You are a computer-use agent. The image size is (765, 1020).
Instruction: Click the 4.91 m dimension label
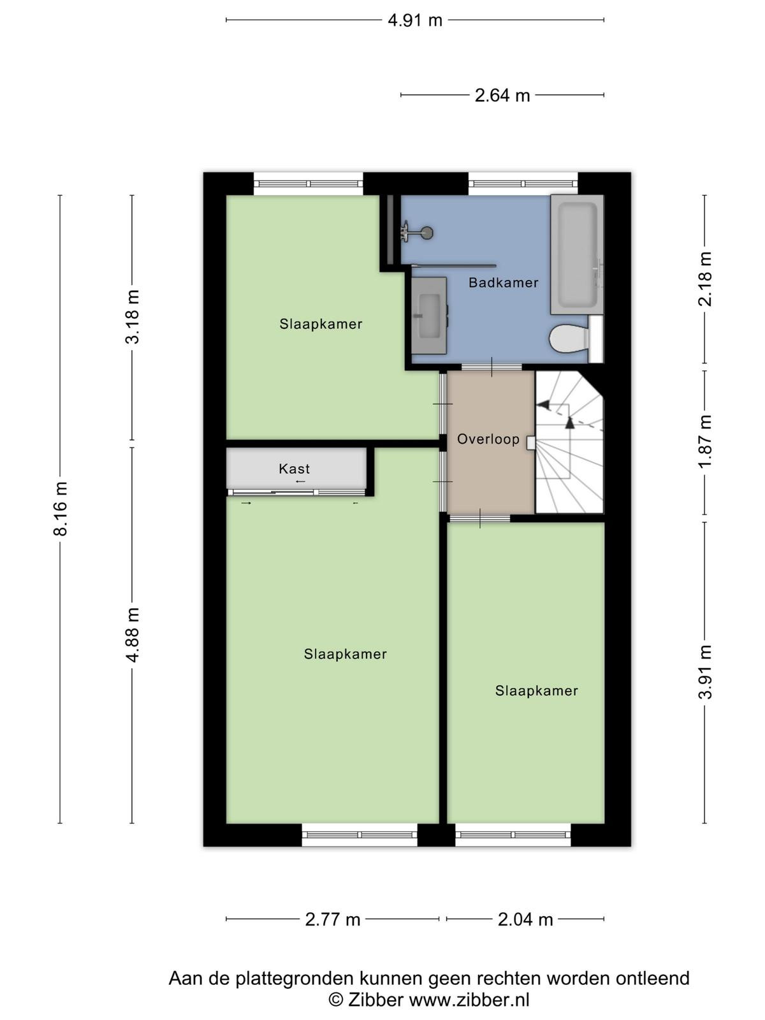point(415,20)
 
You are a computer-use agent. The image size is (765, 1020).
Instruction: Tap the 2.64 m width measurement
point(502,96)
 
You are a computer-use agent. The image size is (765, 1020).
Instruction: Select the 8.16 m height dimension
point(61,508)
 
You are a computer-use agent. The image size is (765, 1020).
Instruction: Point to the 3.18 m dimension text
point(133,316)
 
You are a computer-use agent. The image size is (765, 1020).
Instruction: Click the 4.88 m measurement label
point(133,635)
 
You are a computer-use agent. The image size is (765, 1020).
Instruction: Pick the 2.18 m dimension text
point(705,279)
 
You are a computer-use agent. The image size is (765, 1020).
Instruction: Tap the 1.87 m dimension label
point(705,441)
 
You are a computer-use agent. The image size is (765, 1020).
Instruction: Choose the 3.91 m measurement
point(705,672)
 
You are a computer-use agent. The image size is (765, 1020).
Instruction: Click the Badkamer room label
point(504,282)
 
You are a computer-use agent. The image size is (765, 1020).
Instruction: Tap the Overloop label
point(488,439)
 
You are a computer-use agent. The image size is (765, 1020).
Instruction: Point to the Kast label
point(295,469)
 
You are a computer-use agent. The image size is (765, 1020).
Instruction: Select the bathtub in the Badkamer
point(577,254)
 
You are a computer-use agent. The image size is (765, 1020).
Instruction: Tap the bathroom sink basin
point(428,316)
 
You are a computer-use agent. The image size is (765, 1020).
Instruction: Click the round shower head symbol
point(426,233)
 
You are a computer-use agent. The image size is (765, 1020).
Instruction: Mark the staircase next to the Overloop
point(569,442)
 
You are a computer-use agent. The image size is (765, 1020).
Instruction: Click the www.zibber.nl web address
point(469,1000)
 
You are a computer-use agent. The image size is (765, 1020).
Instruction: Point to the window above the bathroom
point(523,184)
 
